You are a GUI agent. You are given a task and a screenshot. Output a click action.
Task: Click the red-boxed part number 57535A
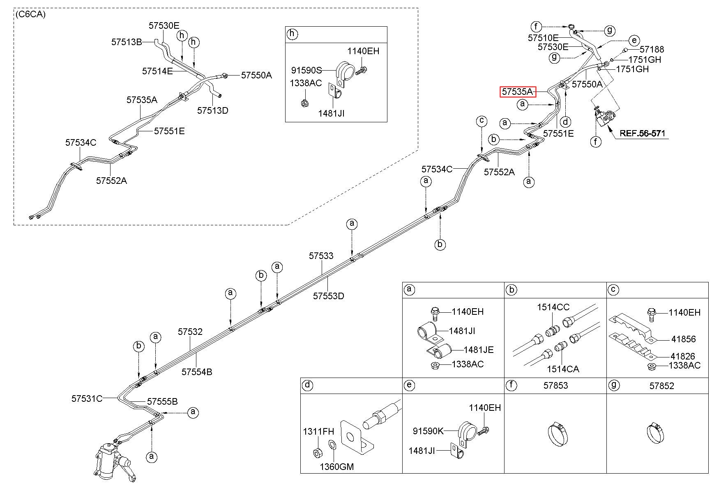click(x=518, y=92)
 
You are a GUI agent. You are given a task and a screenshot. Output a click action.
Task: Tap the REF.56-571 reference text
click(x=642, y=133)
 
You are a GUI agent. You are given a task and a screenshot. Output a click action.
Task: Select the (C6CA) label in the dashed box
click(x=31, y=15)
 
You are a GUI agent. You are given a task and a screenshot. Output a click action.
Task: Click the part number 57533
click(x=321, y=256)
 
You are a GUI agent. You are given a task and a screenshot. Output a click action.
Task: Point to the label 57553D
click(x=329, y=296)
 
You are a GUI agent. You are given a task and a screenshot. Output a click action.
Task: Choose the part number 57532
click(x=190, y=332)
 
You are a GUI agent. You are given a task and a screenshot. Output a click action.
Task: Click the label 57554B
click(x=197, y=372)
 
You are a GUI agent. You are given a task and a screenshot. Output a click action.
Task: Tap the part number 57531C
click(x=87, y=399)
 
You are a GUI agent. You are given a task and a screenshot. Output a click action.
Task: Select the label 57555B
click(x=162, y=401)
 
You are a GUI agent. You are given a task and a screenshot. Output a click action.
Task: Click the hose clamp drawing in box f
click(x=558, y=434)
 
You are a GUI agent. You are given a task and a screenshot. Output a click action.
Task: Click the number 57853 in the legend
click(x=555, y=386)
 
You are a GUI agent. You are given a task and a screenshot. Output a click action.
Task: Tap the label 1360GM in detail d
click(x=337, y=467)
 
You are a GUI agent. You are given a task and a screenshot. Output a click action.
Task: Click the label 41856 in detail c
click(x=684, y=339)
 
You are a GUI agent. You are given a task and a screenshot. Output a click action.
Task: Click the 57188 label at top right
click(x=652, y=50)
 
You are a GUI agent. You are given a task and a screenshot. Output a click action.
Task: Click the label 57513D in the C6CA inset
click(x=213, y=110)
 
